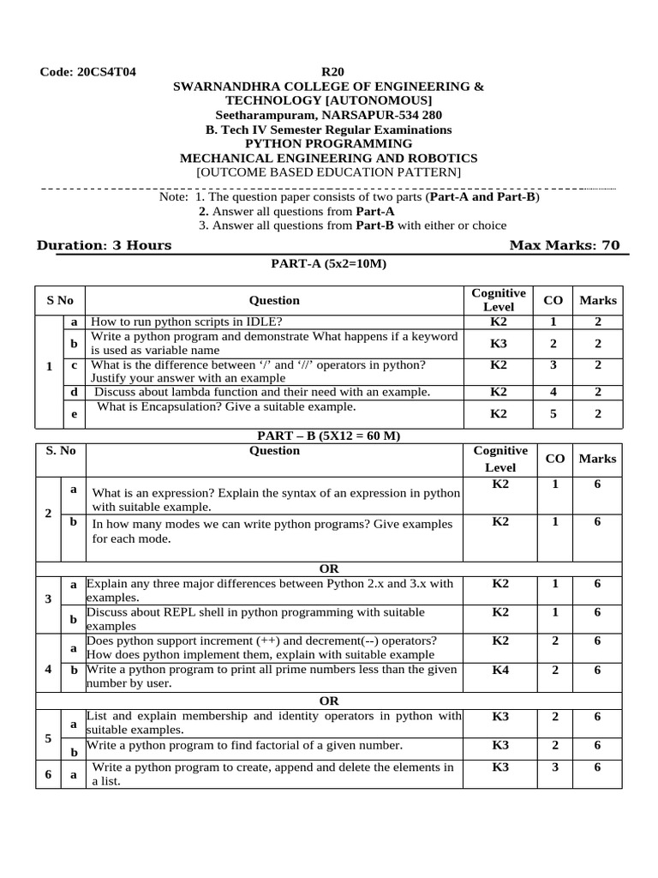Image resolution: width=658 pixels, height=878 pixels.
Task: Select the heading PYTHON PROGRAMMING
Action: click(328, 144)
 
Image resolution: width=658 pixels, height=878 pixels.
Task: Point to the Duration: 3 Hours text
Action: click(104, 246)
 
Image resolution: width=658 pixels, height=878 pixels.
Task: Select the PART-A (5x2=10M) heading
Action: click(329, 264)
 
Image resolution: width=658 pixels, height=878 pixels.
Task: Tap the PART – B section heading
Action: click(329, 436)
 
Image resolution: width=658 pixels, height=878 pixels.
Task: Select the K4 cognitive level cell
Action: click(500, 670)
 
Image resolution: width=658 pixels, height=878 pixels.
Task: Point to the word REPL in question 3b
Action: click(162, 612)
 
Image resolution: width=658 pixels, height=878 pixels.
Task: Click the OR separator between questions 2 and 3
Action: click(329, 568)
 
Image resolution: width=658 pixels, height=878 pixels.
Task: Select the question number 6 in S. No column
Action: click(48, 774)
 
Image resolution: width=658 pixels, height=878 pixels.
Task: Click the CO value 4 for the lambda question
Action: click(553, 392)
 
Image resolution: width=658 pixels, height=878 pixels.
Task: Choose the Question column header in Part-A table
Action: click(274, 300)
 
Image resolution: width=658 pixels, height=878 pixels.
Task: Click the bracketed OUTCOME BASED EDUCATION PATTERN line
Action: click(329, 172)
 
